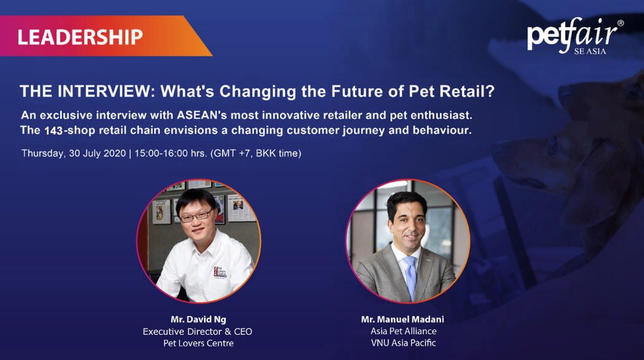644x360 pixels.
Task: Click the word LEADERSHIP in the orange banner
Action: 80,37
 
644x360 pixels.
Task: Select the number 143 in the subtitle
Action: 53,130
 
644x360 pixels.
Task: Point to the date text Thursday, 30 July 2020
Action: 74,154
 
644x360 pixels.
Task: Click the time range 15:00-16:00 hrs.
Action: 170,154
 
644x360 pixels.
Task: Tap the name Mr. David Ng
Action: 198,319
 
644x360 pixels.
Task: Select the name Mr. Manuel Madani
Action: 402,319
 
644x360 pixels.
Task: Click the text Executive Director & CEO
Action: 197,331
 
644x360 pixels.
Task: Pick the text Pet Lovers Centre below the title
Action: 198,343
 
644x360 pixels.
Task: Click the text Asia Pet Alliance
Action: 403,331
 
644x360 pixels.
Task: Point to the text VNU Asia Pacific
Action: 403,343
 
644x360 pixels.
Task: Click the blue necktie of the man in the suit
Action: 410,276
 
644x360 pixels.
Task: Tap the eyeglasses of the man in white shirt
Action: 196,216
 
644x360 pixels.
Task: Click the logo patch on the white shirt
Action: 220,272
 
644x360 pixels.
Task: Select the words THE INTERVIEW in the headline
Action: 85,91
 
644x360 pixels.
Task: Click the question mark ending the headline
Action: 490,91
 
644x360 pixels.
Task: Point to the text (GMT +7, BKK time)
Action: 256,154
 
